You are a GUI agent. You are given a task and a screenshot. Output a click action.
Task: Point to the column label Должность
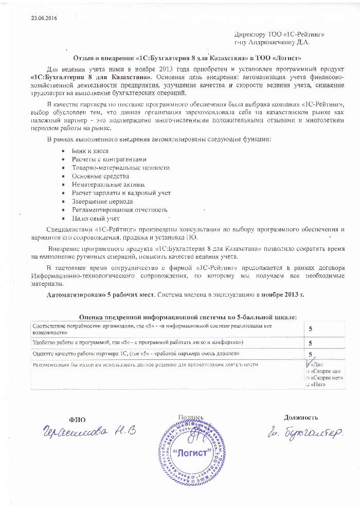pyautogui.click(x=301, y=417)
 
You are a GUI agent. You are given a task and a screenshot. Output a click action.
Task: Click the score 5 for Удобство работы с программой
pyautogui.click(x=310, y=342)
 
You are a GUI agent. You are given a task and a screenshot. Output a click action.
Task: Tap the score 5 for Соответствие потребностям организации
pyautogui.click(x=310, y=329)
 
